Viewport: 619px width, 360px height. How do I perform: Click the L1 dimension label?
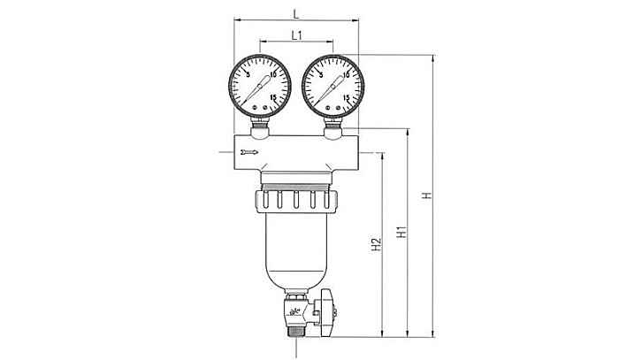298,34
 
